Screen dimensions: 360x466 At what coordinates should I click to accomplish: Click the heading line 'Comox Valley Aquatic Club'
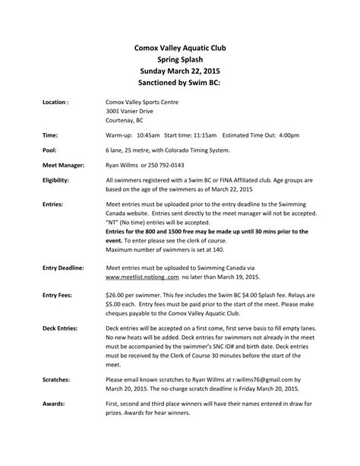click(x=180, y=47)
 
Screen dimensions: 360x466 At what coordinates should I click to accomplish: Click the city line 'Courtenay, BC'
click(x=126, y=119)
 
